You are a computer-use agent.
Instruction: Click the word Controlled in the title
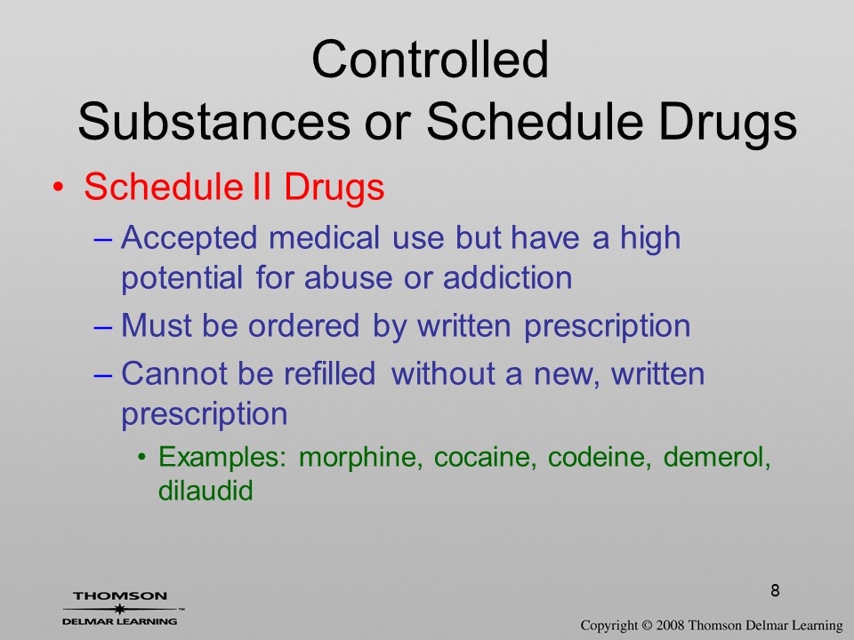pyautogui.click(x=430, y=59)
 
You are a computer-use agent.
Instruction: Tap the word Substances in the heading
pyautogui.click(x=214, y=121)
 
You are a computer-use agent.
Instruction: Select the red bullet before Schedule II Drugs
pyautogui.click(x=59, y=188)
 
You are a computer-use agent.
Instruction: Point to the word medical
pyautogui.click(x=324, y=238)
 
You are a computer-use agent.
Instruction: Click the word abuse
pyautogui.click(x=348, y=277)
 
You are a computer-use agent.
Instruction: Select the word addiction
pyautogui.click(x=508, y=277)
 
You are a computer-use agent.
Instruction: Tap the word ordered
pyautogui.click(x=303, y=325)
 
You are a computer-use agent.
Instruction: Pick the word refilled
pyautogui.click(x=329, y=373)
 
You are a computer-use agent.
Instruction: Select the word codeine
pyautogui.click(x=599, y=457)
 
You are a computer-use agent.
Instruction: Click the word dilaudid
pyautogui.click(x=205, y=490)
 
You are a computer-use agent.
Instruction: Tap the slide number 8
pyautogui.click(x=775, y=590)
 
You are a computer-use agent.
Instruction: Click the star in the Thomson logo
pyautogui.click(x=119, y=609)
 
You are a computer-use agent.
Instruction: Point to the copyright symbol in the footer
pyautogui.click(x=647, y=625)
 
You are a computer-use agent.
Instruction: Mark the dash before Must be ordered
pyautogui.click(x=102, y=327)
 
